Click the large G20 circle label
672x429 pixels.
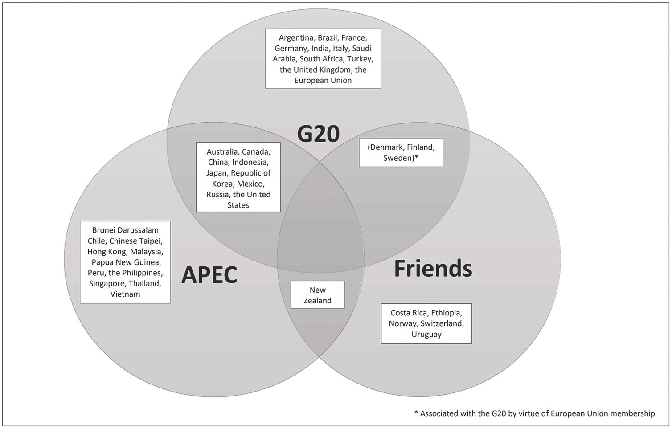[x=318, y=134]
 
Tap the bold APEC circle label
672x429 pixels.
[x=209, y=274]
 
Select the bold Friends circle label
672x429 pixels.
[x=433, y=268]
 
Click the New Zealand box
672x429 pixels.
[x=318, y=294]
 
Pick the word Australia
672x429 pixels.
[x=222, y=152]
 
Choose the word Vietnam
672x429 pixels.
[x=125, y=294]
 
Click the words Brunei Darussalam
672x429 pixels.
[x=125, y=230]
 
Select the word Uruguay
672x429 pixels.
[x=426, y=335]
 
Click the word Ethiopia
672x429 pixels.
[x=447, y=313]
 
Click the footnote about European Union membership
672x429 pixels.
[x=534, y=414]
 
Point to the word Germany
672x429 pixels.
[x=291, y=49]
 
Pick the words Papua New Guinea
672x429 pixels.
[x=126, y=262]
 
